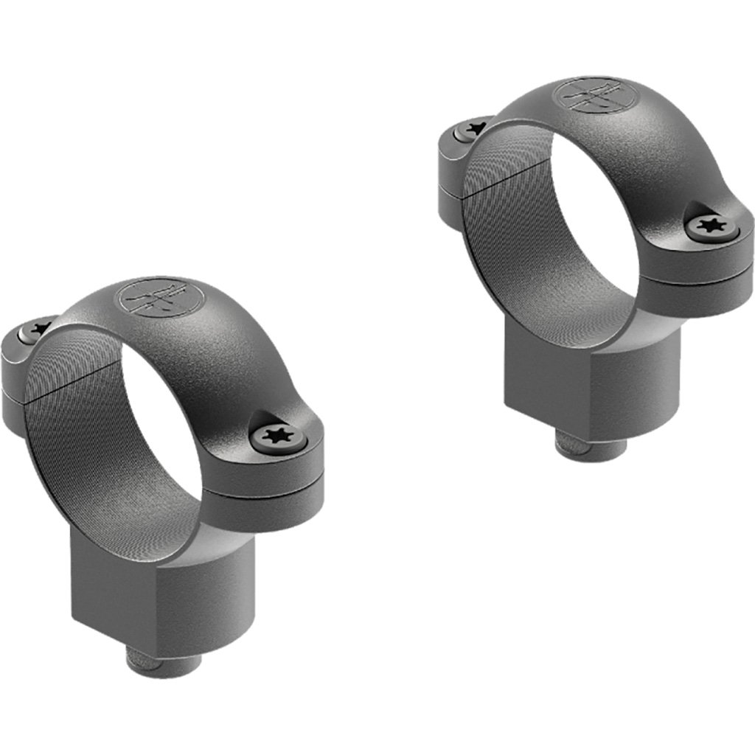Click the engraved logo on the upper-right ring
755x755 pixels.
point(588,97)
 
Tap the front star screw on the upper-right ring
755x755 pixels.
point(712,226)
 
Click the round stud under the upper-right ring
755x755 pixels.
point(590,445)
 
